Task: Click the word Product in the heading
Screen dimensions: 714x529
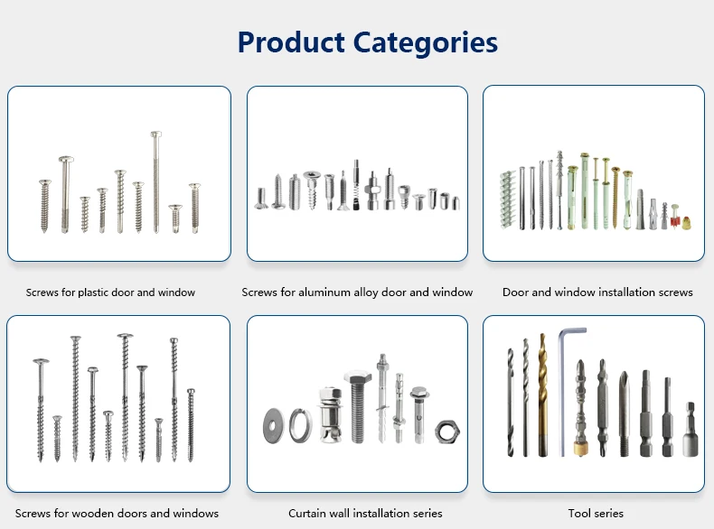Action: (x=291, y=42)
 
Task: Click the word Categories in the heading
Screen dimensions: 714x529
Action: (x=426, y=43)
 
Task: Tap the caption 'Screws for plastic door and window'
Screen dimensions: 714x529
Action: (x=110, y=292)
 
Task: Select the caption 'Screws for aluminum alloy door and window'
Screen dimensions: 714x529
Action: (x=357, y=292)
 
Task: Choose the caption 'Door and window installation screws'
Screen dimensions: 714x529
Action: (x=597, y=292)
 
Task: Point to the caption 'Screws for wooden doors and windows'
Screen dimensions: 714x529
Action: (x=117, y=513)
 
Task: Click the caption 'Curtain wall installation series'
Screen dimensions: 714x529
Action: (x=365, y=513)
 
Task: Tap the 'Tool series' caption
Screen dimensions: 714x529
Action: (x=596, y=513)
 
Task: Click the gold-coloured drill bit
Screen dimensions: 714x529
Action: (x=542, y=394)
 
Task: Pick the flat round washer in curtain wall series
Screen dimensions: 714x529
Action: (x=273, y=426)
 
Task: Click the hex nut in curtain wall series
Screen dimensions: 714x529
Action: (x=447, y=432)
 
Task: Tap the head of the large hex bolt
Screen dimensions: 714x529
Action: (x=358, y=377)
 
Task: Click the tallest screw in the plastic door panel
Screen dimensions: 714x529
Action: (x=156, y=182)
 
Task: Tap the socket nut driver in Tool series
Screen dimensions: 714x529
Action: (x=690, y=430)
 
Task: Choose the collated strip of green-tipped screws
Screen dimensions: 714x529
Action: (x=508, y=200)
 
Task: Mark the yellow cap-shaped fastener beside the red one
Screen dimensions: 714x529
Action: (x=686, y=223)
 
